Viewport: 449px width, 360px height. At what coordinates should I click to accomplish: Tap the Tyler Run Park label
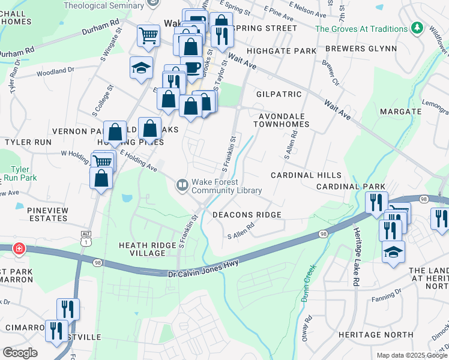pos(19,174)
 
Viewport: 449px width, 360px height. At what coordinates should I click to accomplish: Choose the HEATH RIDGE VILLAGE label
pos(142,249)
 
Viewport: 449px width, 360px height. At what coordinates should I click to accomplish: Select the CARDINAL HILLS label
pos(306,175)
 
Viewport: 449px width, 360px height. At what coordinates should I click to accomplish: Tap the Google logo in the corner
pos(20,353)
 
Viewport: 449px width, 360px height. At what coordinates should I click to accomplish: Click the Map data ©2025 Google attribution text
pos(411,355)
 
